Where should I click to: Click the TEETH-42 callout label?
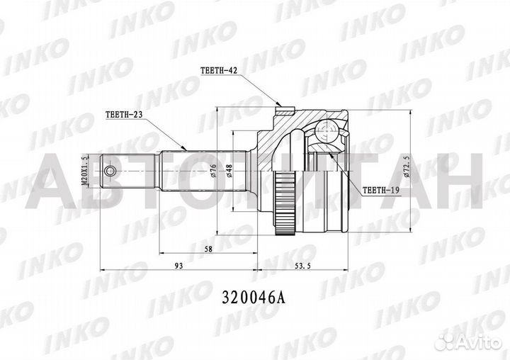coord(217,70)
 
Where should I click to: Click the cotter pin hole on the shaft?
coord(110,171)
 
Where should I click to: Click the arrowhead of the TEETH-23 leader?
coord(186,148)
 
